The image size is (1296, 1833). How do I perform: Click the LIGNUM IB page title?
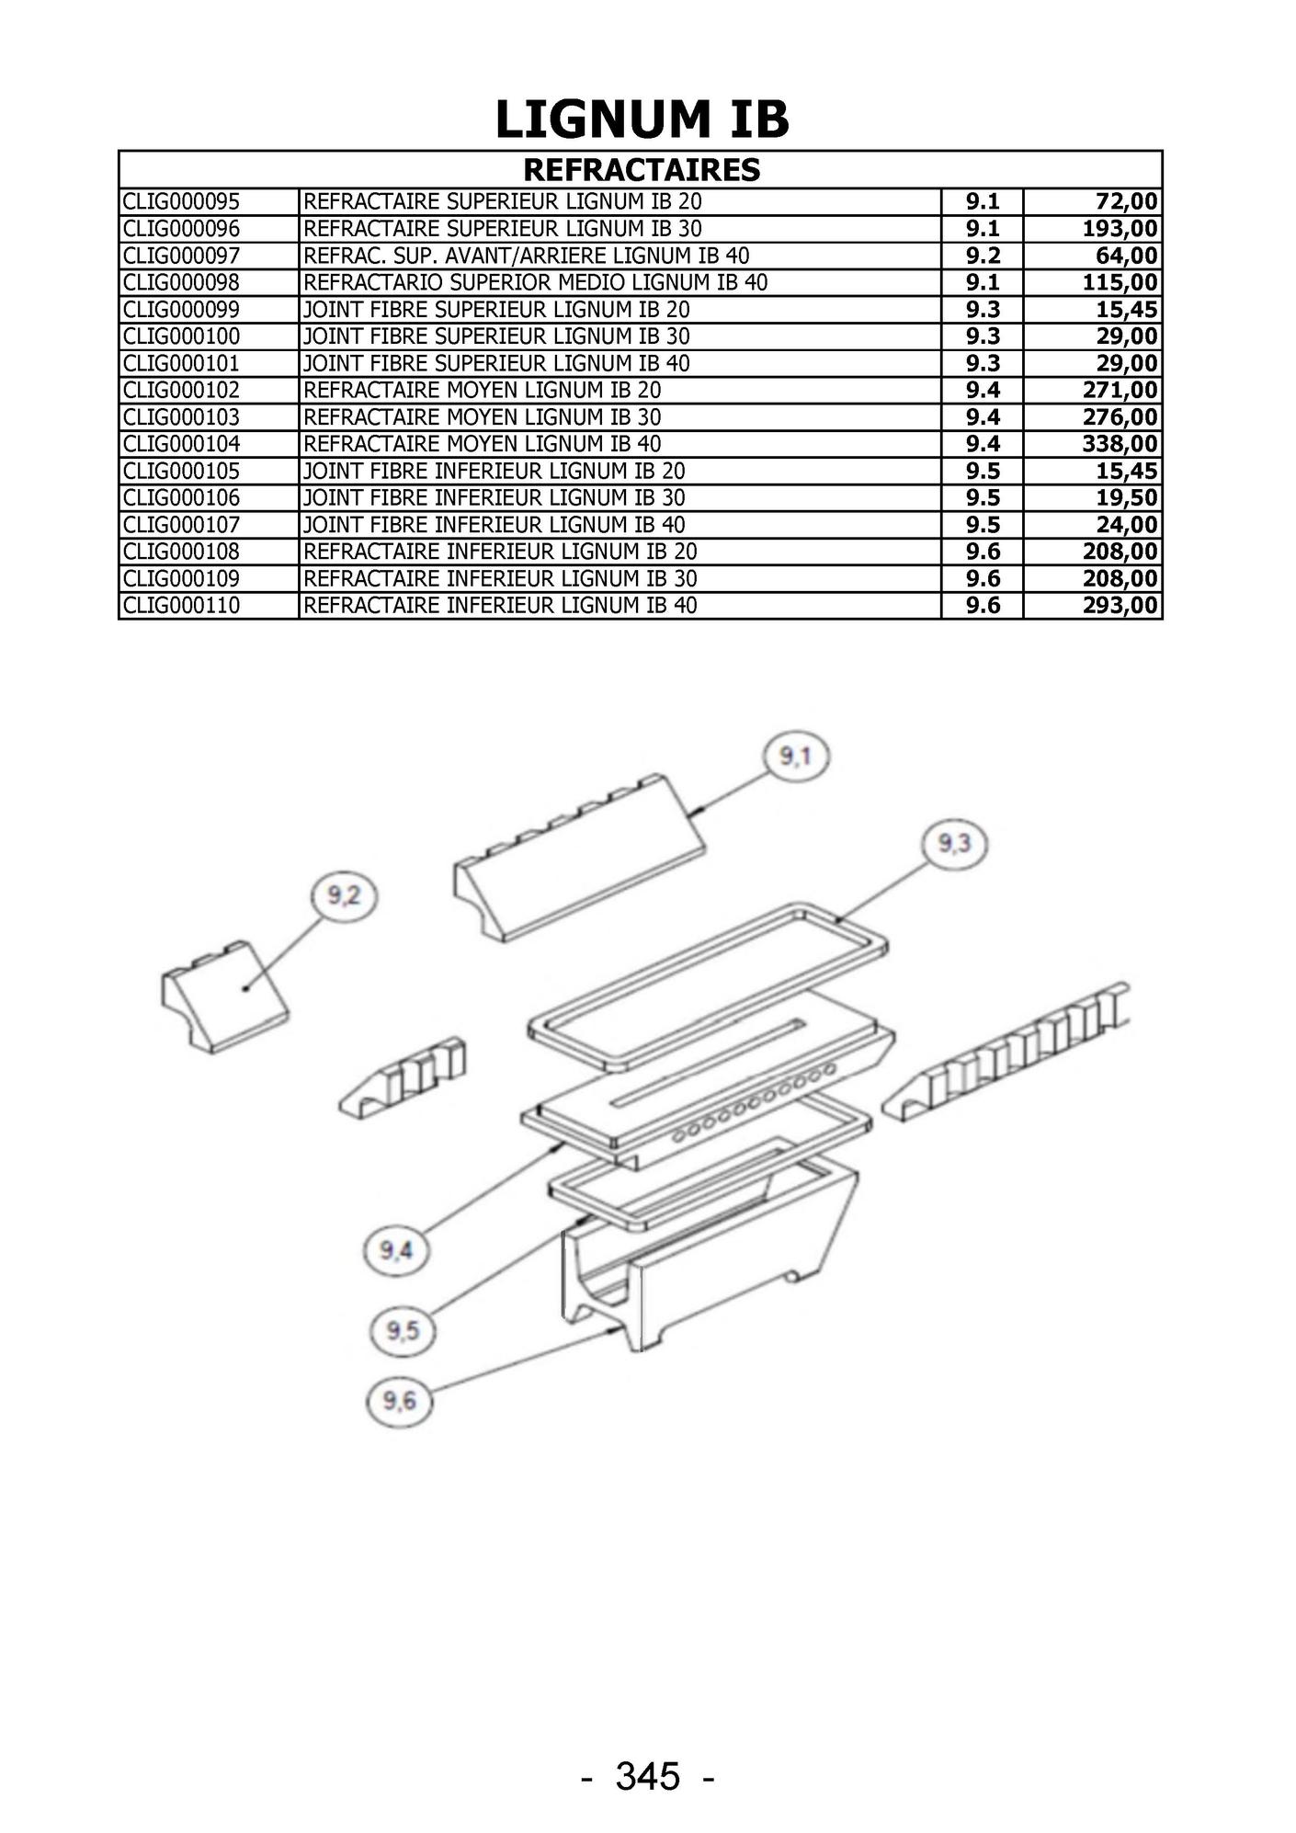642,120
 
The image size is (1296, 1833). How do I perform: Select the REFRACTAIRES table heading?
642,170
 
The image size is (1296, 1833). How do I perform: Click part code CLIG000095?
181,201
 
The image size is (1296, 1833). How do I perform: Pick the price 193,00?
1120,229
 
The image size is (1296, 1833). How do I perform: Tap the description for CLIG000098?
535,282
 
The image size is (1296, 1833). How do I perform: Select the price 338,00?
1120,444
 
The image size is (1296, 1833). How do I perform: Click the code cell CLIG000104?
181,444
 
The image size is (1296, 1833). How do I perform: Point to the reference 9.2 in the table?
983,256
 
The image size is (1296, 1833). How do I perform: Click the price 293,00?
1120,605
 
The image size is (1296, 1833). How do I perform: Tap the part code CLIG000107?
181,525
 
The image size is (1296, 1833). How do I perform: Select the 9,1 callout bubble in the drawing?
796,757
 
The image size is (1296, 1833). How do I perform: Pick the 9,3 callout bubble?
954,845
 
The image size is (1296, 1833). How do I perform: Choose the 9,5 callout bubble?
402,1330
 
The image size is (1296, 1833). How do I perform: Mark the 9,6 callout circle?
399,1401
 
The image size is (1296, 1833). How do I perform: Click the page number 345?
648,1775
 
